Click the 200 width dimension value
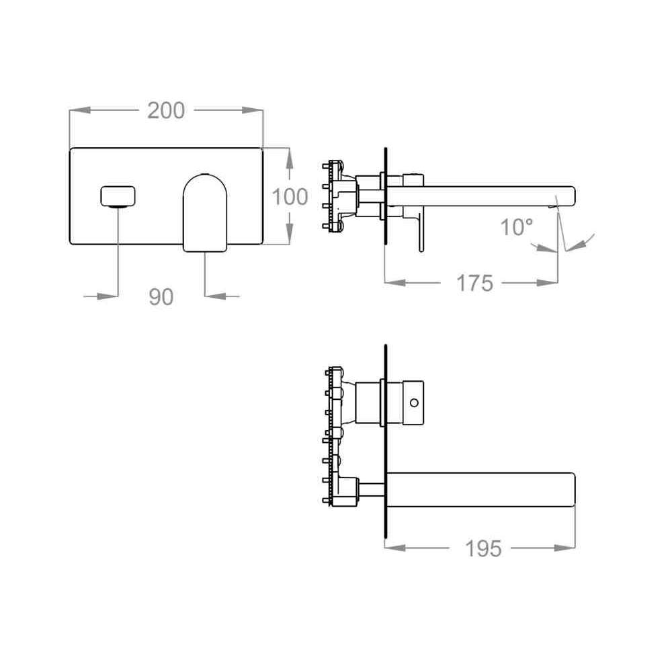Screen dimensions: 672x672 coord(166,111)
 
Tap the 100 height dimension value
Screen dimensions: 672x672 coord(290,197)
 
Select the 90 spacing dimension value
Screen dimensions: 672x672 coord(161,297)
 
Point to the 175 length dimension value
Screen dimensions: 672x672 coord(475,284)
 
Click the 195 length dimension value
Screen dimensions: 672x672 coord(483,548)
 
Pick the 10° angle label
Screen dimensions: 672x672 coord(517,226)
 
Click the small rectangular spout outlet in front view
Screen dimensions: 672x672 coord(118,197)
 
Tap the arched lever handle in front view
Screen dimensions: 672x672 coord(205,212)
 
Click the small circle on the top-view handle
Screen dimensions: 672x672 coord(414,403)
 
